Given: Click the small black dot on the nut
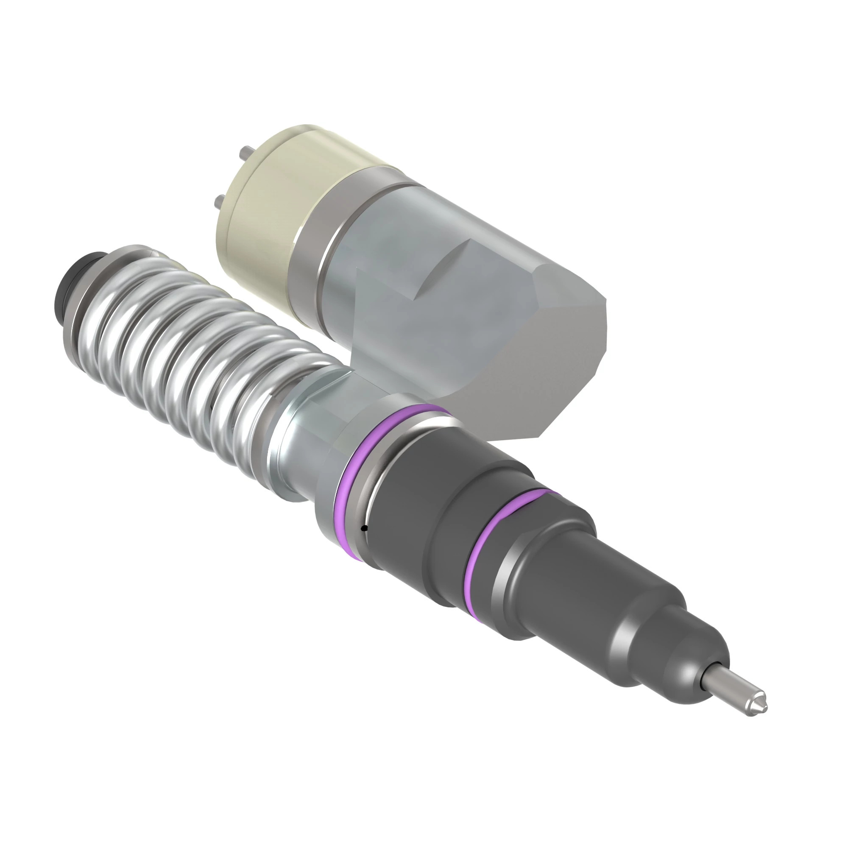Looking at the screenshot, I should coord(364,528).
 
